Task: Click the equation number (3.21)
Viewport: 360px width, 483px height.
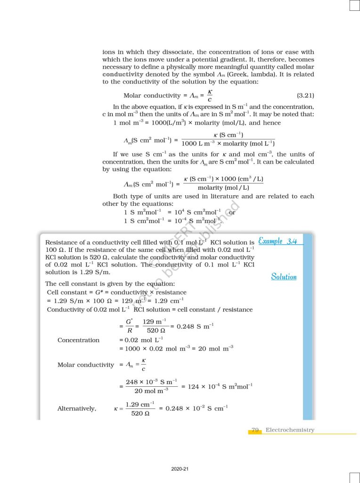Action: coord(305,96)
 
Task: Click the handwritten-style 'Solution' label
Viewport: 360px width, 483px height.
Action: coord(284,276)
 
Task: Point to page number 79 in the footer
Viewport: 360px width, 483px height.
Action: coord(255,430)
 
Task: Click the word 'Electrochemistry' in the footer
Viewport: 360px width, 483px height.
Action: coord(290,430)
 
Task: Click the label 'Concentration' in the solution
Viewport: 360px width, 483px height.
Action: coord(78,340)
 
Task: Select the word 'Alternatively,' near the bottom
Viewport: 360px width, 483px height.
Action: coord(76,408)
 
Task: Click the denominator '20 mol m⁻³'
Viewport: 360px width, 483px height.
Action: coord(151,391)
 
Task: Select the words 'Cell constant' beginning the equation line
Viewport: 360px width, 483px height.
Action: coord(63,292)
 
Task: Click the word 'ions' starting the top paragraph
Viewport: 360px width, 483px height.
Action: coord(109,52)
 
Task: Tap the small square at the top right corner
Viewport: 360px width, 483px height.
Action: coord(354,5)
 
